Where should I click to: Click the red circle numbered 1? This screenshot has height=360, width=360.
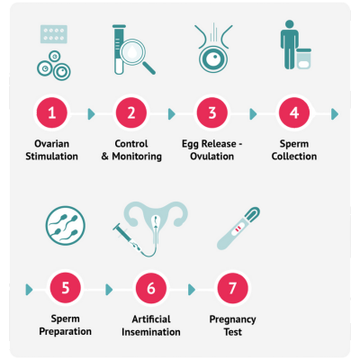click(x=52, y=113)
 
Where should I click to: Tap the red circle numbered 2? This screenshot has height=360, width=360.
click(x=131, y=113)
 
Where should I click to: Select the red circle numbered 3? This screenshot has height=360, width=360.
click(x=212, y=113)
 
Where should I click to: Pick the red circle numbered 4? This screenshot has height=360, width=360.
click(x=294, y=113)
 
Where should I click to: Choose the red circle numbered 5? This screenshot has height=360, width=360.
click(x=66, y=288)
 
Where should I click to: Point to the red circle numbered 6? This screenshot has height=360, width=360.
click(x=151, y=288)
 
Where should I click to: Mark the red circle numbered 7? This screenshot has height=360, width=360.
click(x=232, y=288)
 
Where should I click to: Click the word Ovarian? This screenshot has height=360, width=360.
click(x=52, y=144)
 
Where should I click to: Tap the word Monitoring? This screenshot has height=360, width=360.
click(x=137, y=157)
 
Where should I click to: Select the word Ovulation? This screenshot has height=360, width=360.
click(x=212, y=157)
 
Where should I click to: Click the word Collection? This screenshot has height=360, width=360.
click(x=294, y=157)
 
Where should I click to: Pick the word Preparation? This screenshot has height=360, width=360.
click(x=66, y=332)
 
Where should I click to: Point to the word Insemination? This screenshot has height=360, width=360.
click(x=151, y=332)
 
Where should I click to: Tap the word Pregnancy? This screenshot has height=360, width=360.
click(x=232, y=319)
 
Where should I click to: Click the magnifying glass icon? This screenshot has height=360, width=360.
click(x=136, y=57)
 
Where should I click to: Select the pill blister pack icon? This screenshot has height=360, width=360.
click(x=54, y=34)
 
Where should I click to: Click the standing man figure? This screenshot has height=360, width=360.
click(x=289, y=44)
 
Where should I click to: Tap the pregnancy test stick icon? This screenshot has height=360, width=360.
click(x=238, y=229)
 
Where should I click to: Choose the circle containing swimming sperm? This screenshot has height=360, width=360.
click(x=66, y=226)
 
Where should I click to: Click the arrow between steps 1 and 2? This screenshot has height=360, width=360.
click(x=91, y=114)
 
